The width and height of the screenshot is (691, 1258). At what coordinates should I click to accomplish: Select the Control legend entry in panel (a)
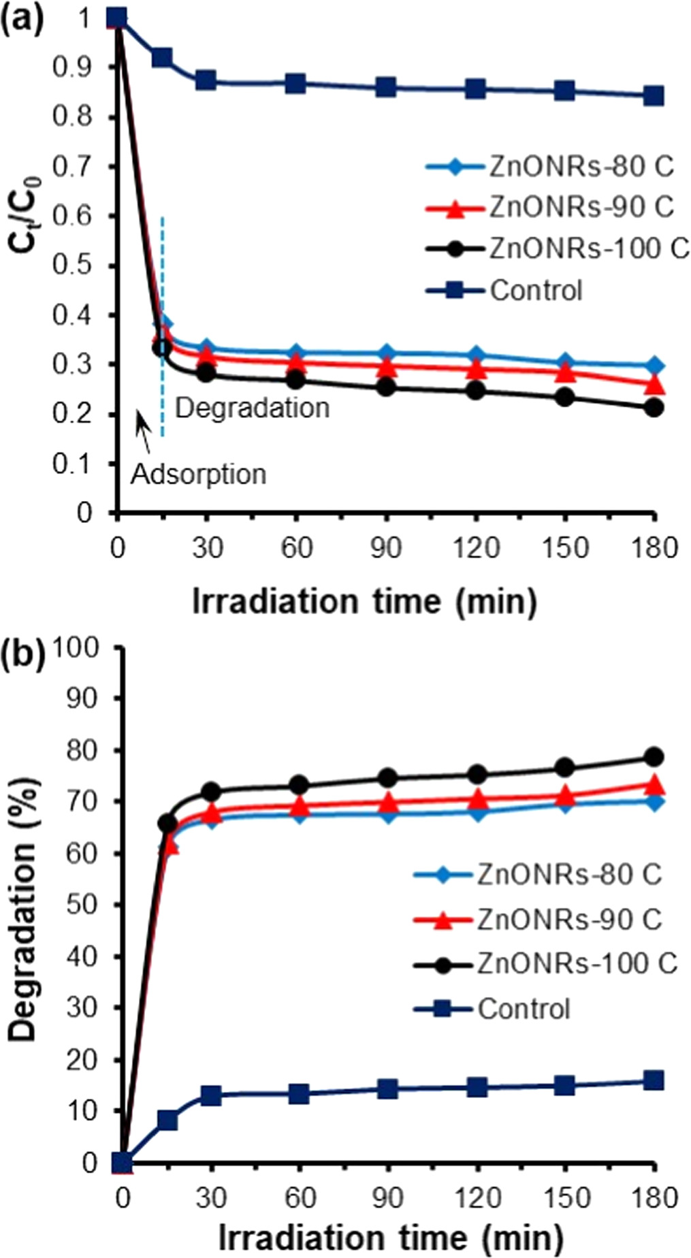tap(536, 291)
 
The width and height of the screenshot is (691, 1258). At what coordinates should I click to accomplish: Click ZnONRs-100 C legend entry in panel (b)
tap(577, 963)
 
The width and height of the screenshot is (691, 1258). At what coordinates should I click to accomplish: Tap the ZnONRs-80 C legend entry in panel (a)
tap(581, 167)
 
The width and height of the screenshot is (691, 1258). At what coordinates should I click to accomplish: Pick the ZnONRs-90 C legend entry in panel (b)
tap(569, 919)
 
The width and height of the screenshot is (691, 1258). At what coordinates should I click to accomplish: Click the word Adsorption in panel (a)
tap(198, 474)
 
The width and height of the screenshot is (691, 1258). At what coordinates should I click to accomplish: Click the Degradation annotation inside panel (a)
tap(252, 408)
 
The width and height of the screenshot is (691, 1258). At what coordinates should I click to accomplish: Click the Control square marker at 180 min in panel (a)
tap(654, 96)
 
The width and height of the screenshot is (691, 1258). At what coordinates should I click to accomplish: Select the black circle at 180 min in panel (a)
tap(654, 408)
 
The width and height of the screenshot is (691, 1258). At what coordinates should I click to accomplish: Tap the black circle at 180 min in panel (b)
tap(654, 757)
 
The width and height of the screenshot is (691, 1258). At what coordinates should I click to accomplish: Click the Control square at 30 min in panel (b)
tap(211, 1096)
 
